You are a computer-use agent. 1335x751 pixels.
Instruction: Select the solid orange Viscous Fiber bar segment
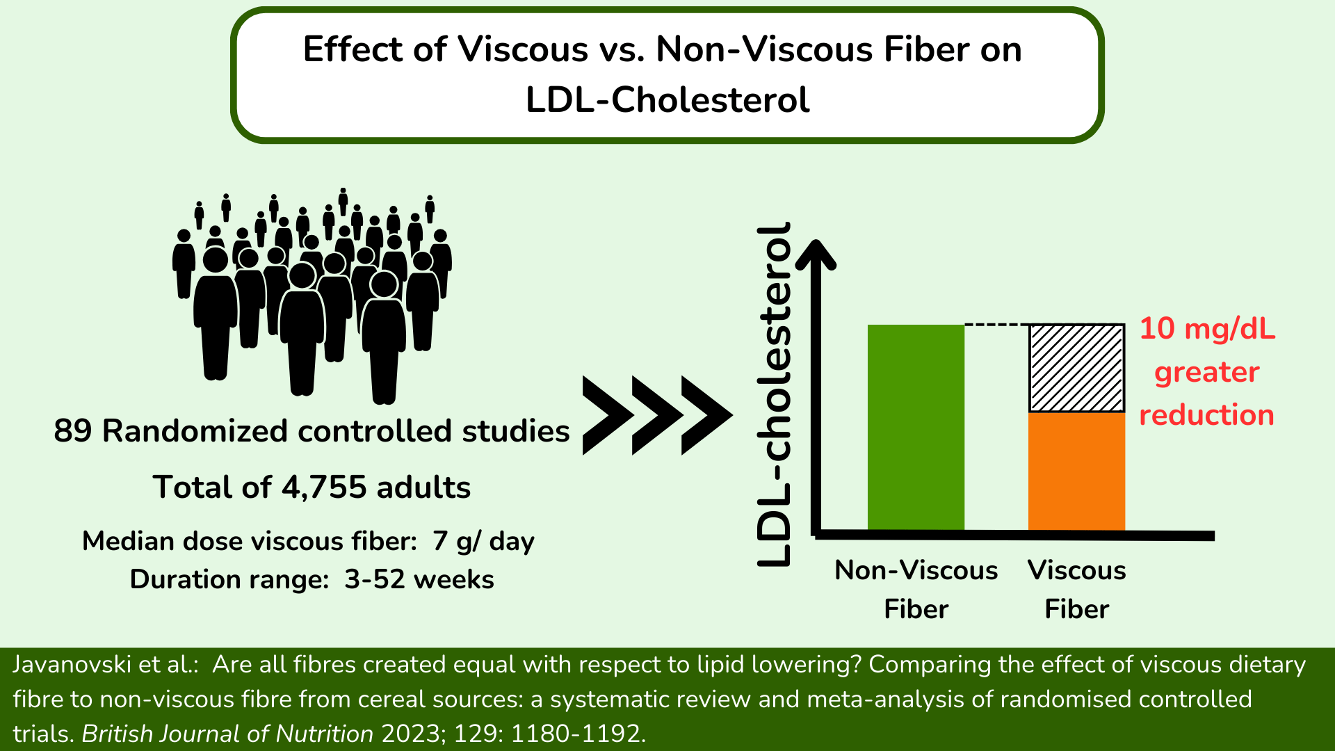click(1076, 471)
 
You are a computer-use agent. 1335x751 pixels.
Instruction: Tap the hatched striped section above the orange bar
click(1076, 369)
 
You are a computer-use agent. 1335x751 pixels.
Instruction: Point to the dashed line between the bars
click(996, 325)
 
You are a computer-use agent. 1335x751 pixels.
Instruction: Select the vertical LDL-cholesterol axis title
click(775, 394)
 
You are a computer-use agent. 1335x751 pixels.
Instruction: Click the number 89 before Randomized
click(73, 431)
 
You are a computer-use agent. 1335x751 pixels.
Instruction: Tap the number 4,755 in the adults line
click(323, 487)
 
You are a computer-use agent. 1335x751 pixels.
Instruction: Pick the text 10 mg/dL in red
click(1207, 329)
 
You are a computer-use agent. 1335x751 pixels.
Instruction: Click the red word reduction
click(1206, 415)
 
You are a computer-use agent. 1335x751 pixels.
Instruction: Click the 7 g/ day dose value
click(483, 541)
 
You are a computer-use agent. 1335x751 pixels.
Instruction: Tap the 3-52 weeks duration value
click(419, 579)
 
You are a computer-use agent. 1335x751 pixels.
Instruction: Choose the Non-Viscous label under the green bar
click(916, 570)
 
